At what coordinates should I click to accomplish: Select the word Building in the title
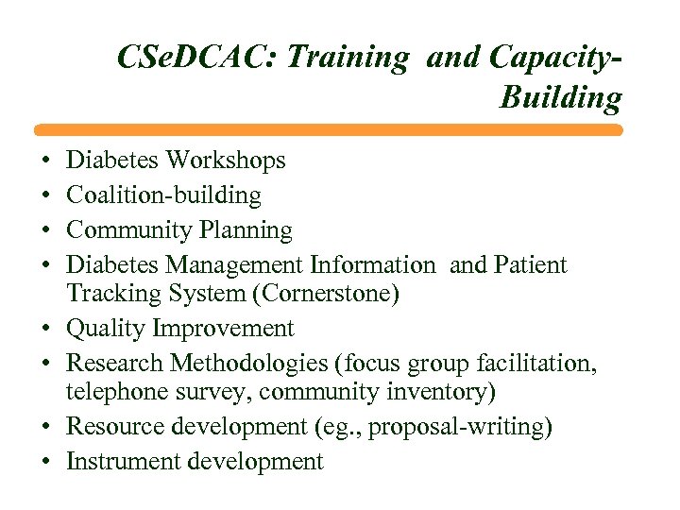click(x=561, y=97)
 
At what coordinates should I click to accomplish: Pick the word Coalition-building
click(x=163, y=195)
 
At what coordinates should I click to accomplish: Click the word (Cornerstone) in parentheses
click(x=327, y=295)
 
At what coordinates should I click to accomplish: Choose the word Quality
click(x=106, y=329)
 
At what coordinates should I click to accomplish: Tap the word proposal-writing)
click(x=460, y=428)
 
